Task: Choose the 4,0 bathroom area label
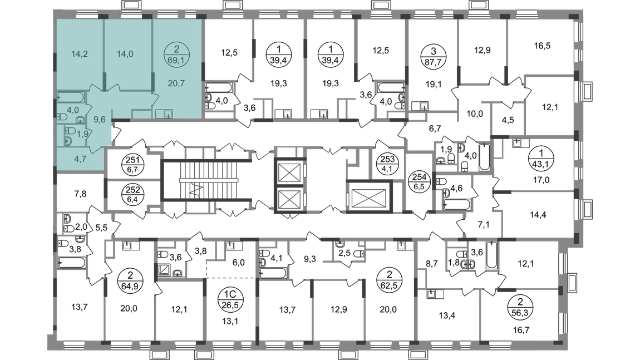click(72, 110)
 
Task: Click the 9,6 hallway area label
click(99, 119)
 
